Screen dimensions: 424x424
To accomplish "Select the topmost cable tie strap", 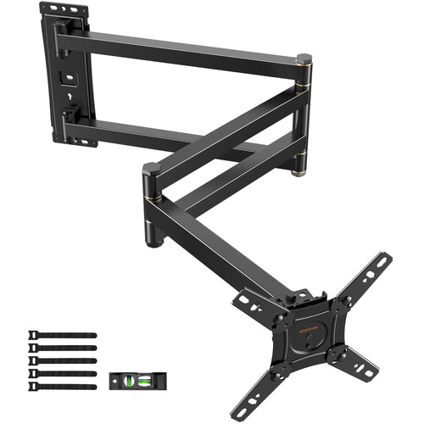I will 64,335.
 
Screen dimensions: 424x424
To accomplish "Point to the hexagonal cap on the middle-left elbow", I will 152,169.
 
